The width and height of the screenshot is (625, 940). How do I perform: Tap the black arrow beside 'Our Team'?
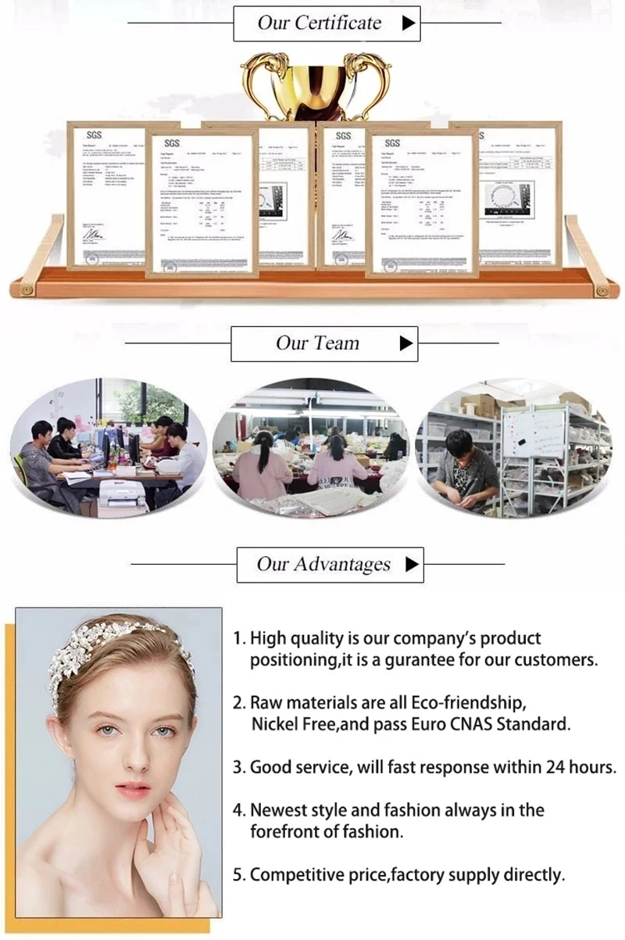point(405,343)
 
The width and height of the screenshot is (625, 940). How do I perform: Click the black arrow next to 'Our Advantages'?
point(412,564)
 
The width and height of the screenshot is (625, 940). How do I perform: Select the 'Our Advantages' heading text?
point(323,564)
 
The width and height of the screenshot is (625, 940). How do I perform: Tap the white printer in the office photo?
point(121,495)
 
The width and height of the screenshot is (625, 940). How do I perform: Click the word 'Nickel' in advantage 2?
point(274,723)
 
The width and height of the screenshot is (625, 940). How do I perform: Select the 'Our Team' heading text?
point(317,343)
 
